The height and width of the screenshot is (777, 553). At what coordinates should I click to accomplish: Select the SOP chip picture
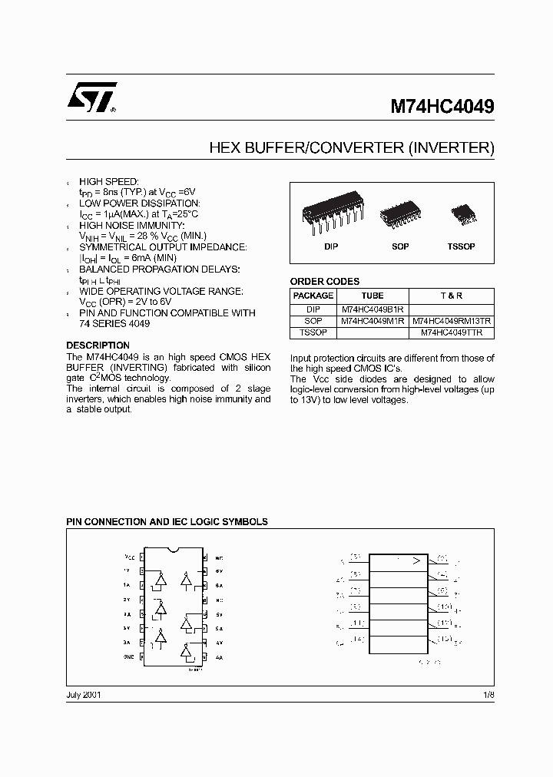click(x=399, y=212)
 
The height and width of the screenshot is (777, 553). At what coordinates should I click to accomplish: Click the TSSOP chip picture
click(x=462, y=213)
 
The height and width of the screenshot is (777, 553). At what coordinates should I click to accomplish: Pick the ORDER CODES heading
click(x=324, y=282)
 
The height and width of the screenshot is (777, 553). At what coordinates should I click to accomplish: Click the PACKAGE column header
click(x=313, y=296)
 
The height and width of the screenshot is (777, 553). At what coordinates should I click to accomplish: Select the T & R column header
click(x=451, y=296)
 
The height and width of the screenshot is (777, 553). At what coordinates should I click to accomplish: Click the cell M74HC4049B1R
click(x=373, y=309)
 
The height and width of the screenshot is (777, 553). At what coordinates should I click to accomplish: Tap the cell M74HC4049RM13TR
click(x=451, y=321)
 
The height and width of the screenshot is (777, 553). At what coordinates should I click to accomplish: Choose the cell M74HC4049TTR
click(x=451, y=333)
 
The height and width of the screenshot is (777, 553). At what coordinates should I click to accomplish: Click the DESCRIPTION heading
click(x=98, y=346)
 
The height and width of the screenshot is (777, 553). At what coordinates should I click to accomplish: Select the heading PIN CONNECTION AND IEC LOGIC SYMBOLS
click(x=167, y=521)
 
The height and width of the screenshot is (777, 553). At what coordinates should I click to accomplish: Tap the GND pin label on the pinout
click(x=128, y=656)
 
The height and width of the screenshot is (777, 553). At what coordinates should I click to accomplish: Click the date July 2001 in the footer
click(x=84, y=694)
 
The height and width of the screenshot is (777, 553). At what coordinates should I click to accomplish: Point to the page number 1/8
click(x=488, y=694)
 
